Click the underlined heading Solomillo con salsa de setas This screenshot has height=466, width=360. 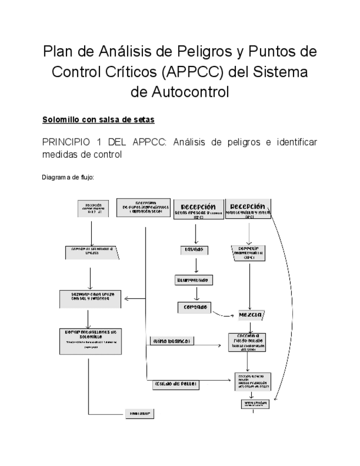tap(98, 119)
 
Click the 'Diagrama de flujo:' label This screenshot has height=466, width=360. tap(68, 177)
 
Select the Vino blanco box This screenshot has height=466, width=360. tap(171, 341)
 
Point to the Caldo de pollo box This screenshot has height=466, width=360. tap(175, 384)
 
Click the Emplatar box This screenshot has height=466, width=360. tap(139, 413)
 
